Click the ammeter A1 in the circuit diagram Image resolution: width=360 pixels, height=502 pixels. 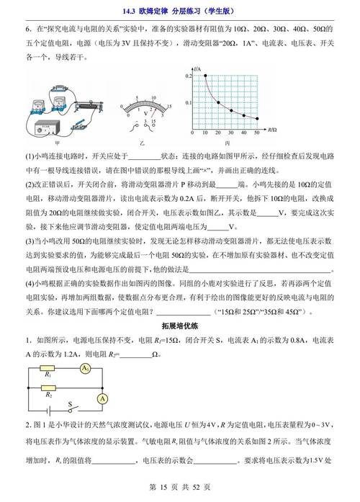click(85, 368)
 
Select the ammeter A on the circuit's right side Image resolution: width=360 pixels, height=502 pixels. click(103, 398)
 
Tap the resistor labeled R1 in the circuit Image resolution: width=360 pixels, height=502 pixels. click(48, 368)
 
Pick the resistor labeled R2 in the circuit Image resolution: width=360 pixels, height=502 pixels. click(48, 387)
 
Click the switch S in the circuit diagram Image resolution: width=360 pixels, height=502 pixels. click(70, 408)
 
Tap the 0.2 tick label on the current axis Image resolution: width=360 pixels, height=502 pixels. click(186, 76)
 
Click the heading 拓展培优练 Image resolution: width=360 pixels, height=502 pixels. click(179, 326)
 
